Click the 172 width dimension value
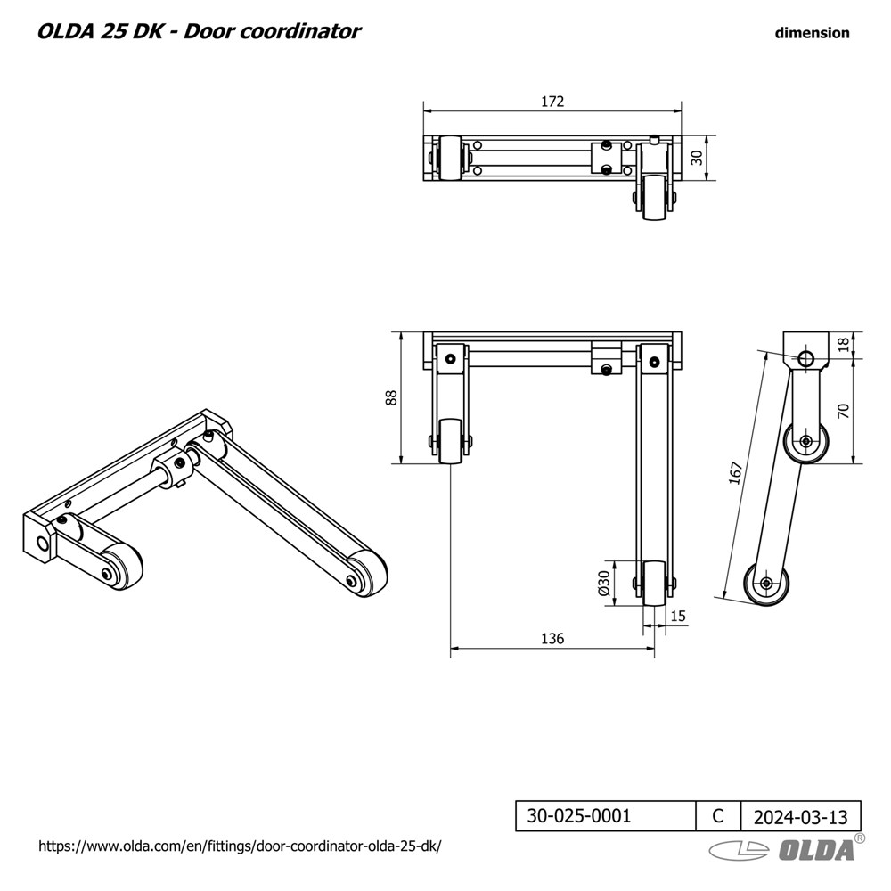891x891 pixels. coord(552,102)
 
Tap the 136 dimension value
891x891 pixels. coord(552,639)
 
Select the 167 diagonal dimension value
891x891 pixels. coord(736,473)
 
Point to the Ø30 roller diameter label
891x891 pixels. coord(604,583)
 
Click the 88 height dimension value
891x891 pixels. coord(391,397)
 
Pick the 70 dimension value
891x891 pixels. coord(843,410)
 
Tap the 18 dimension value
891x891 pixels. coord(843,344)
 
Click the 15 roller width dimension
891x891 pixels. coord(678,616)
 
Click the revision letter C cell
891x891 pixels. coord(718,816)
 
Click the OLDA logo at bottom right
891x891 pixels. coord(787,848)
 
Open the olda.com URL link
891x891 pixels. coord(240,846)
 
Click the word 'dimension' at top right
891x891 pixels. coord(812,33)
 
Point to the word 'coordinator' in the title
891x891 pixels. coord(299,31)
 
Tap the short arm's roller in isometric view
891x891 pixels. coord(121,566)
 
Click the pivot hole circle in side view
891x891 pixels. coord(805,358)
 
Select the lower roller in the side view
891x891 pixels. coord(766,584)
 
